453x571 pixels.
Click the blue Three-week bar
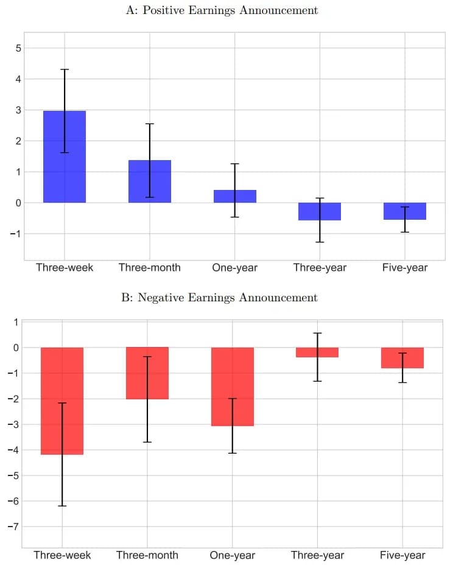click(65, 156)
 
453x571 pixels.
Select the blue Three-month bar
click(150, 181)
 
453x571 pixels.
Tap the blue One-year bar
click(235, 196)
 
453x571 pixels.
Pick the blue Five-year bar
click(405, 211)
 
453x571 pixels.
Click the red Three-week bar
click(62, 401)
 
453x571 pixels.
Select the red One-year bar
click(233, 386)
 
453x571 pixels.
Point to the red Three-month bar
click(147, 373)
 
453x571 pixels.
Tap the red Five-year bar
click(402, 357)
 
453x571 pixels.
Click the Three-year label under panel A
click(320, 268)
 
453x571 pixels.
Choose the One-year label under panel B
click(233, 555)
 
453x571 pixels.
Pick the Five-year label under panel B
click(402, 555)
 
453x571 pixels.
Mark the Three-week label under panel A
click(65, 268)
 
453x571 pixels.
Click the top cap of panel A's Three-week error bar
click(65, 69)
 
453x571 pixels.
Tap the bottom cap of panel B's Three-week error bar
click(62, 506)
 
